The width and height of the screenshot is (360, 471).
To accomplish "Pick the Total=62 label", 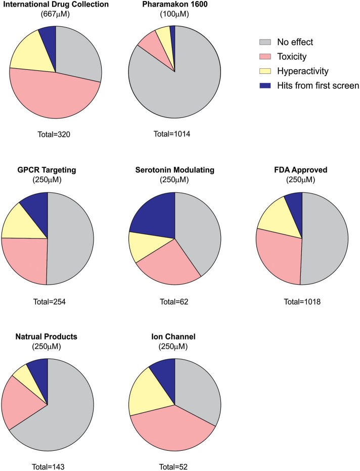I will click(x=174, y=302).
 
